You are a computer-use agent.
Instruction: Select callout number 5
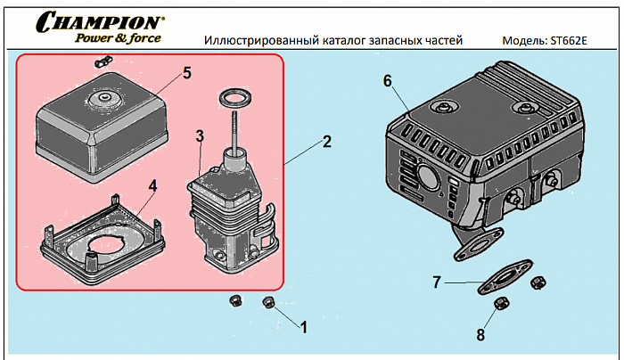point(187,73)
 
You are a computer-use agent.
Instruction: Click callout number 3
point(201,135)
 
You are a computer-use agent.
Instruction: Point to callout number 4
point(152,185)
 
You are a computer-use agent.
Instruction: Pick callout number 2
point(327,142)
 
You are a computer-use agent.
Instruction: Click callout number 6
point(388,81)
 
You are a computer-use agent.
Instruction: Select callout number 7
point(437,282)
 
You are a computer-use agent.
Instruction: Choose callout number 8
point(481,335)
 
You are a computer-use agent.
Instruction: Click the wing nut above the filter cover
point(101,63)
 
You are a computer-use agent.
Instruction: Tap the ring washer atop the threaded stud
point(233,95)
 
